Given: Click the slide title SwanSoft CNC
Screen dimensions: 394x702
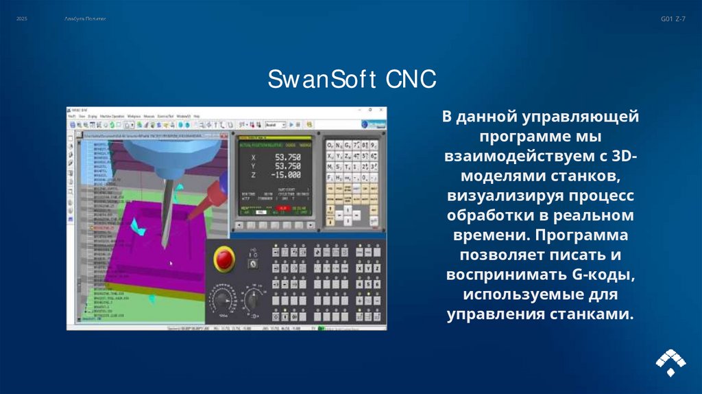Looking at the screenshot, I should (x=351, y=79).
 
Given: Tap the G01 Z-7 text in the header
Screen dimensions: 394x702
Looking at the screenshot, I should (x=672, y=18).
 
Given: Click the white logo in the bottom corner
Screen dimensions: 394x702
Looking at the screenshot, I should (x=670, y=362).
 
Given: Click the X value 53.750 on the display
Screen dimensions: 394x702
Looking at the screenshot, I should (x=287, y=157).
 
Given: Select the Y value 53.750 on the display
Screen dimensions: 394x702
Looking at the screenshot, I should (x=287, y=165).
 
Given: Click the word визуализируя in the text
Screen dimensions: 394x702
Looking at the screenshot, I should (x=500, y=196).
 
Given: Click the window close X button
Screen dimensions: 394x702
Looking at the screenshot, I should (x=381, y=111).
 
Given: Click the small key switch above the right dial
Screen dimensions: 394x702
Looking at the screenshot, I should (x=252, y=262).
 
